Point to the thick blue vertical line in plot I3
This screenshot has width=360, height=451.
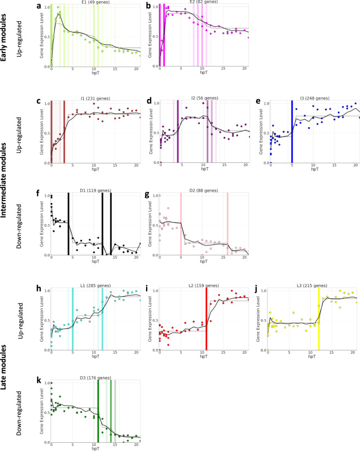tap(292, 131)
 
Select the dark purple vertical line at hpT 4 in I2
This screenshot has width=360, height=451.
tap(178, 131)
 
